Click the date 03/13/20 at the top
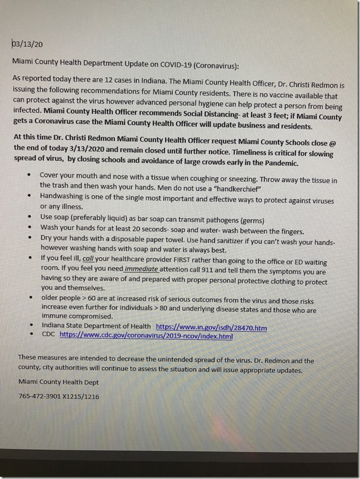(x=27, y=42)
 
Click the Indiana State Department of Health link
(x=211, y=326)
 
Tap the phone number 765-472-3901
(x=41, y=396)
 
